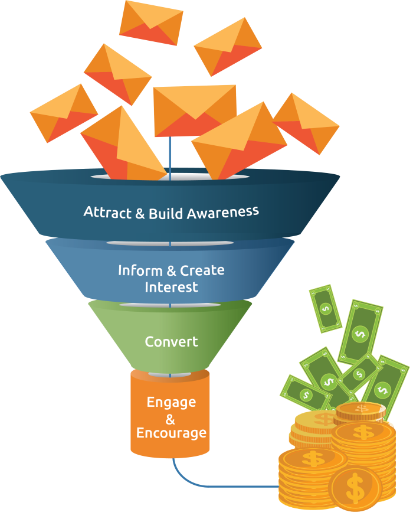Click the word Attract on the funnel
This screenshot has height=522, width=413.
click(x=107, y=211)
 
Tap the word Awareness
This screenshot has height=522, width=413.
click(x=222, y=212)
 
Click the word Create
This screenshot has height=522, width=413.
click(x=202, y=270)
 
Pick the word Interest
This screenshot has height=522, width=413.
click(x=171, y=288)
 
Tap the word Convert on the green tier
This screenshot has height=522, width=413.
click(x=171, y=342)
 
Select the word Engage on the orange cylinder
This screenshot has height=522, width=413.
click(x=171, y=402)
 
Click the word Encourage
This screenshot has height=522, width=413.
click(x=171, y=433)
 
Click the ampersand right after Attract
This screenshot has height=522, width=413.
click(x=139, y=213)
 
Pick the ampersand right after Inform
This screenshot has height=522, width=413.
click(x=171, y=271)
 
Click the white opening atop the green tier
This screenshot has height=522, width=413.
click(x=171, y=305)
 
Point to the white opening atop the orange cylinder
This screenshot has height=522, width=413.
click(x=170, y=375)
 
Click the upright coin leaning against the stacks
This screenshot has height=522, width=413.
click(x=355, y=488)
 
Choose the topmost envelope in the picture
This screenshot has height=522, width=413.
click(x=150, y=22)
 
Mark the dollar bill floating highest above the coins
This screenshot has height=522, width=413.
click(x=325, y=308)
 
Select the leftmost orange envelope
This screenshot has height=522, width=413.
click(x=63, y=113)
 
